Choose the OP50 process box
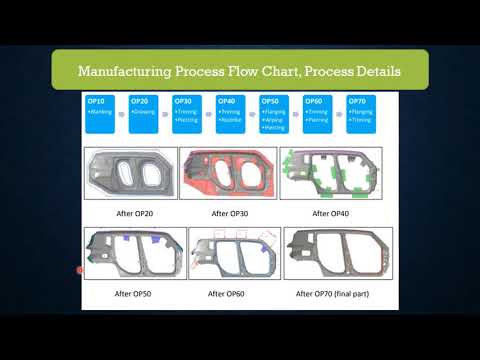click(274, 115)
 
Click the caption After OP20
click(132, 213)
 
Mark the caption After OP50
click(134, 294)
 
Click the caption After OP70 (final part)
click(339, 294)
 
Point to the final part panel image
click(338, 256)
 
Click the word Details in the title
click(373, 72)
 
